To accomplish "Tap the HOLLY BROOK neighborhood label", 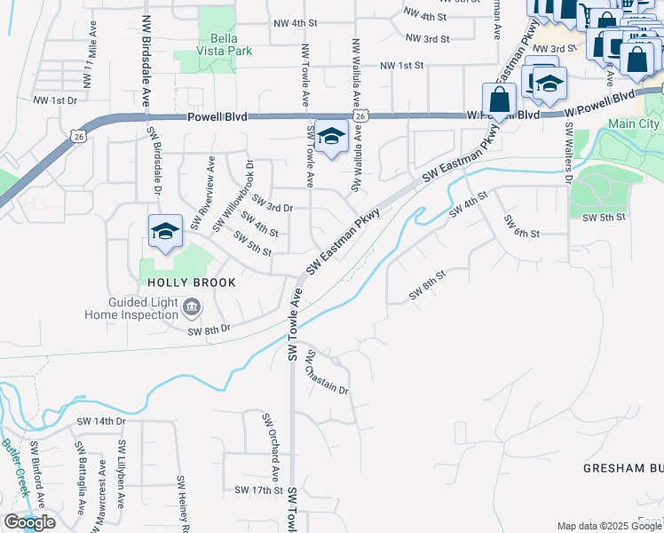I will coord(192,282).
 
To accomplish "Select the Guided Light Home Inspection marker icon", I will coord(192,308).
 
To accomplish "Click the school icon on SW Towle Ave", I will coord(331,138).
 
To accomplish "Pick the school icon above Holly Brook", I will coord(165,233).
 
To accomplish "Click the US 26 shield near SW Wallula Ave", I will coord(360,115).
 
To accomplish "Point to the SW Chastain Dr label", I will coord(327,373).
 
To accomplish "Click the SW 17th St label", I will coord(258,490).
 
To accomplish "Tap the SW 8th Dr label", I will coord(209,330).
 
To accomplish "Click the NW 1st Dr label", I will coord(55,100).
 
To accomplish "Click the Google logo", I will coord(29,522).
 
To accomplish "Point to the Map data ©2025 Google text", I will coord(609,526).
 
